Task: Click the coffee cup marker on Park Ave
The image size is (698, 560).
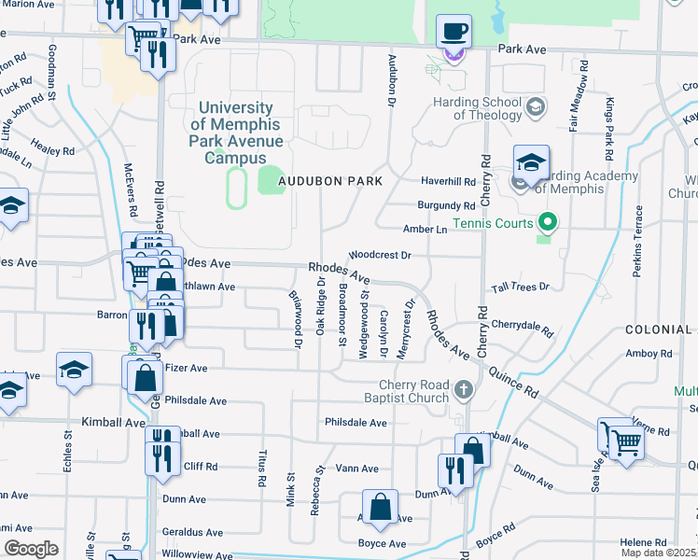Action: [x=454, y=32]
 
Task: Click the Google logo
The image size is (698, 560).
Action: [x=31, y=549]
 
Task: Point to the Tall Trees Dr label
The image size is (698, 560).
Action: [x=518, y=287]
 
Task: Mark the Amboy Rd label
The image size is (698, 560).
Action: [x=642, y=353]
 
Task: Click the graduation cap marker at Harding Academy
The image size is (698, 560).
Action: [x=529, y=163]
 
